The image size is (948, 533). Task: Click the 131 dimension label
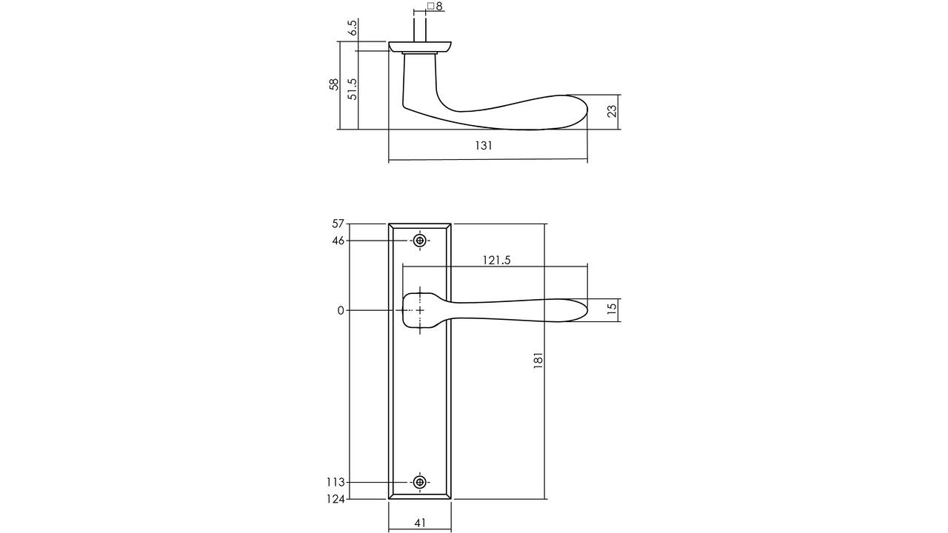click(484, 146)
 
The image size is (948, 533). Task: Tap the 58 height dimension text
click(334, 84)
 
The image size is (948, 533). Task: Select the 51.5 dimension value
click(352, 90)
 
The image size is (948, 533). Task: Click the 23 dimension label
click(612, 111)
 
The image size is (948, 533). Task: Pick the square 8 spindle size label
click(435, 7)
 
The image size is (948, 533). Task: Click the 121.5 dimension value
click(496, 260)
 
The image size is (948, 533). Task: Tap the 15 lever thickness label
click(612, 308)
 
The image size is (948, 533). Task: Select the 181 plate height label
click(538, 361)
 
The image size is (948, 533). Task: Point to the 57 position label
click(338, 224)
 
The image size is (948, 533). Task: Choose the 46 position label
click(338, 241)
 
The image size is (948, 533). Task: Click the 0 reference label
click(341, 311)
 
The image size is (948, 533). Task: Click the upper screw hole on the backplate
click(420, 241)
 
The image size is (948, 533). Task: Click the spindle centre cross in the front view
click(420, 310)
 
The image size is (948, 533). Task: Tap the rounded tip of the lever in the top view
click(587, 111)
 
